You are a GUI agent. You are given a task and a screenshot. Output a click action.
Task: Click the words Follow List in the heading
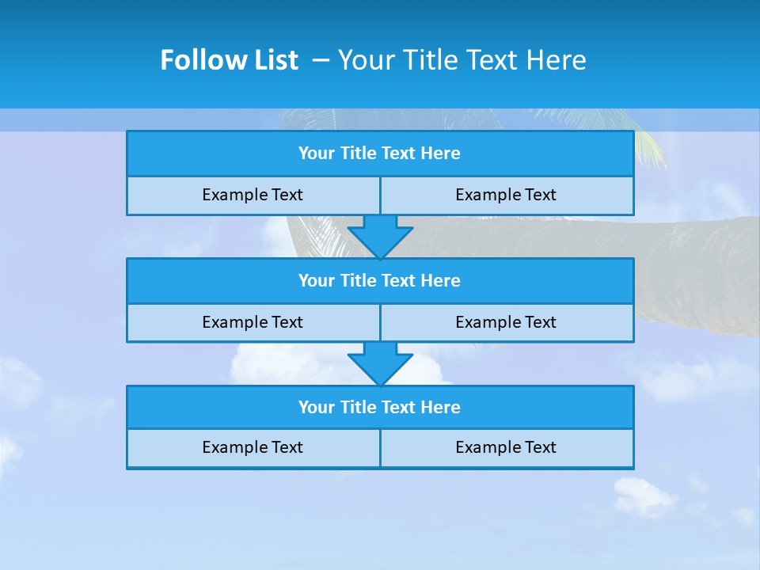coord(229,60)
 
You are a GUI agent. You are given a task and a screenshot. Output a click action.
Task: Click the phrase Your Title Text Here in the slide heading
coord(462,60)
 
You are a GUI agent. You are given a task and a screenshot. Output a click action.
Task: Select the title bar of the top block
coord(379,154)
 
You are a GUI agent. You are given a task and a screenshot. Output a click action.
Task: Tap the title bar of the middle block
coord(379,281)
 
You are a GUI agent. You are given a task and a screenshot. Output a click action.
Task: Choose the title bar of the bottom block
coord(379,408)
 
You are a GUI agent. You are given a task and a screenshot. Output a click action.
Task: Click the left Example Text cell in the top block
coord(253,196)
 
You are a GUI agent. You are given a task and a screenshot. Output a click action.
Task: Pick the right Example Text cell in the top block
coord(506,196)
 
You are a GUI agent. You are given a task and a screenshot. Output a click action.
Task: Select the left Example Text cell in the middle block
coord(253,323)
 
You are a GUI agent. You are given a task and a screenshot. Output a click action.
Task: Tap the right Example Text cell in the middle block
coord(506,323)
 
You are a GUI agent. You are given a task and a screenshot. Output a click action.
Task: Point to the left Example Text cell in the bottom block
coord(253,448)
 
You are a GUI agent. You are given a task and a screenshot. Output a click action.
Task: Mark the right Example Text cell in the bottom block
coord(506,448)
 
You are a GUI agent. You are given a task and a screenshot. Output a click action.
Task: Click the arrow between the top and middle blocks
coord(380,236)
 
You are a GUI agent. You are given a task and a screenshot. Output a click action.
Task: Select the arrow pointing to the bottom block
coord(380,363)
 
